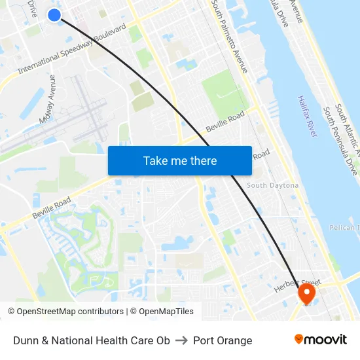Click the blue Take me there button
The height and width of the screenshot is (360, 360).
[x=180, y=160]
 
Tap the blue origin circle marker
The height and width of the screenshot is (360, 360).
[x=54, y=14]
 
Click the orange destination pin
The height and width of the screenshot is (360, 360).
[x=306, y=293]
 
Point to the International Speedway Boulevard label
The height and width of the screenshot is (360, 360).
[x=72, y=50]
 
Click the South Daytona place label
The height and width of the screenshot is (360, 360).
[x=272, y=185]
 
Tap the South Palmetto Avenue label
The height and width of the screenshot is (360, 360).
[x=230, y=36]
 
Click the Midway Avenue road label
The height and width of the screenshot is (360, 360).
[x=48, y=98]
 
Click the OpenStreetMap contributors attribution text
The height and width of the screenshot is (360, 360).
[x=65, y=312]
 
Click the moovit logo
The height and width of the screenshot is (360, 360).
[x=320, y=340]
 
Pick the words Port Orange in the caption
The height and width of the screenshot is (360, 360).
[x=223, y=340]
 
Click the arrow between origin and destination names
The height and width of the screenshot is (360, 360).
[x=182, y=340]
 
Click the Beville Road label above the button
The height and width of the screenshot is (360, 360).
[x=224, y=120]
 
